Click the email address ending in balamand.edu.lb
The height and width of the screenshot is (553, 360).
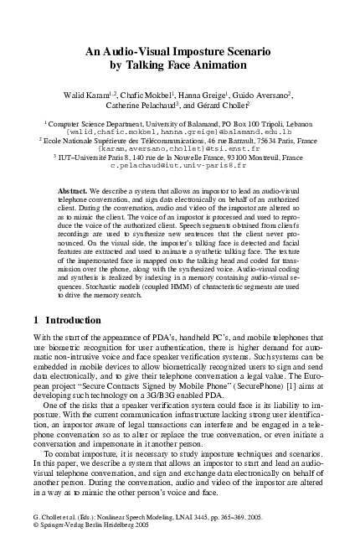(179, 132)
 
